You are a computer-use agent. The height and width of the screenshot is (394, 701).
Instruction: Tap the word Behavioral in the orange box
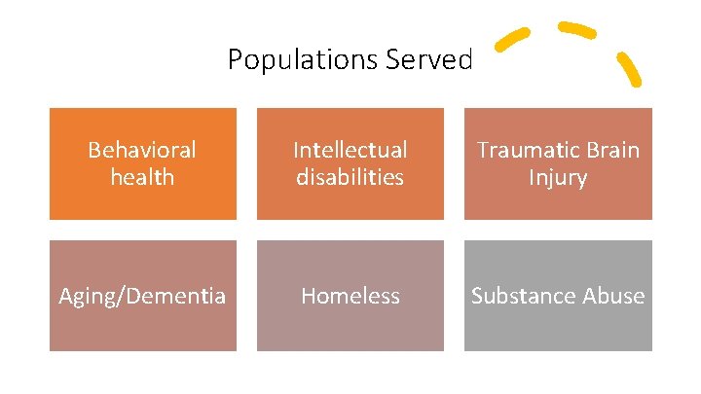click(142, 150)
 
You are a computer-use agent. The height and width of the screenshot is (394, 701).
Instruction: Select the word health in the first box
click(142, 177)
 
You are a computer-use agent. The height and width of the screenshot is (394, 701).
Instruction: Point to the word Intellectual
click(350, 150)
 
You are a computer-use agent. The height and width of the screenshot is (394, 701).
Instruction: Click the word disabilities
click(350, 177)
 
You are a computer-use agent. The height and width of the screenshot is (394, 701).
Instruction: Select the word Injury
click(557, 177)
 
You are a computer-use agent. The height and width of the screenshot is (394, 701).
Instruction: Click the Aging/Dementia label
click(142, 296)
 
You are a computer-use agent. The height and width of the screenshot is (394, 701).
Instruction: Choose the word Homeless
click(350, 296)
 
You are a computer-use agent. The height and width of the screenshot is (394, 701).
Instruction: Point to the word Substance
click(520, 296)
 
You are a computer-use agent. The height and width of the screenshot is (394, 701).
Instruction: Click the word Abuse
click(610, 296)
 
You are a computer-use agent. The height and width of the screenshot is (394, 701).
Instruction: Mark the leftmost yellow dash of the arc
click(512, 39)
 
